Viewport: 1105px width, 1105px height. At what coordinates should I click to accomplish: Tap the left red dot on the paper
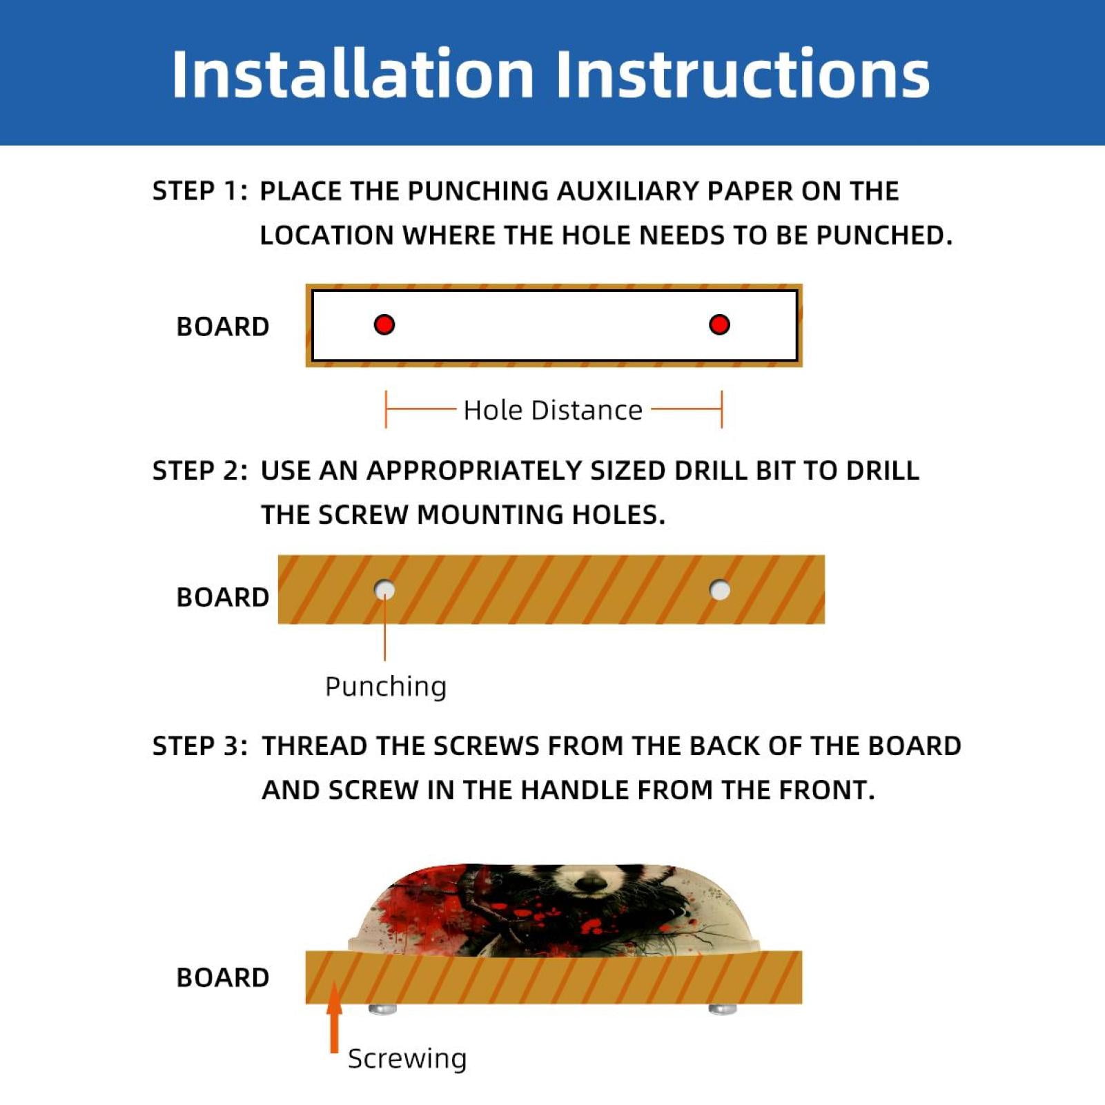pyautogui.click(x=384, y=324)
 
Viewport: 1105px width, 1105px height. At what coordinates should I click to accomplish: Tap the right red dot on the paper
pyautogui.click(x=719, y=324)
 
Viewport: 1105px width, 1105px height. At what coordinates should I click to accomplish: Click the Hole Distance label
pyautogui.click(x=553, y=410)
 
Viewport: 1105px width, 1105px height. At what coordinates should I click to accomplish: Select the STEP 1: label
pyautogui.click(x=200, y=191)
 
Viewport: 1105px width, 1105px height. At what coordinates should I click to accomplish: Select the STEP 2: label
pyautogui.click(x=200, y=471)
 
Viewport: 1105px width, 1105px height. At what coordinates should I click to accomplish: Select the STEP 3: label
pyautogui.click(x=200, y=746)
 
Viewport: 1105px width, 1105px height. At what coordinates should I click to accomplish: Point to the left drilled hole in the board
pyautogui.click(x=384, y=590)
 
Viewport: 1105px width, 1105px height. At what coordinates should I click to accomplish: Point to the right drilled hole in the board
pyautogui.click(x=720, y=590)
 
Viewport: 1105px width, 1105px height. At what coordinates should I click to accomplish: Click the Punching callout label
pyautogui.click(x=386, y=687)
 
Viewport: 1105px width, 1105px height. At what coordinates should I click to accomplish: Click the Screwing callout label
pyautogui.click(x=407, y=1058)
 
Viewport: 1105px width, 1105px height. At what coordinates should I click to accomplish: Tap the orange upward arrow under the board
pyautogui.click(x=334, y=1018)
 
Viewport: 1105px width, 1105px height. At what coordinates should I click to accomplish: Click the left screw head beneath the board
pyautogui.click(x=383, y=1009)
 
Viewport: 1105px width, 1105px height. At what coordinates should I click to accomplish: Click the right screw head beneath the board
pyautogui.click(x=723, y=1009)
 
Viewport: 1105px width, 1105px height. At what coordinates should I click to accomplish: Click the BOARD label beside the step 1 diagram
pyautogui.click(x=223, y=326)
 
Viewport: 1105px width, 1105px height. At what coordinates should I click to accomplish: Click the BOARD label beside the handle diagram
pyautogui.click(x=223, y=977)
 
